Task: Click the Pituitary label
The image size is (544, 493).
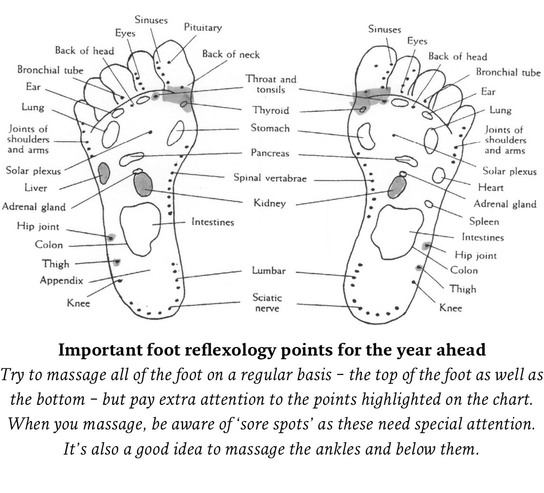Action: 203,27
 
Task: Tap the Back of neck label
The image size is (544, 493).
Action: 231,54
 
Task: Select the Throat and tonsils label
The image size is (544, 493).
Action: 271,84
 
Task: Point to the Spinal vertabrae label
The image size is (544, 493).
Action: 270,178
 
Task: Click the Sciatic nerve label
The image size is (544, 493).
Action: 267,303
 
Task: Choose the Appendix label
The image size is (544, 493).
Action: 61,280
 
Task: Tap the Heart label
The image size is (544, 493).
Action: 491,188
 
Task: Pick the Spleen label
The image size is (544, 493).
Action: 484,221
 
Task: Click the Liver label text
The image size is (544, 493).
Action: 36,188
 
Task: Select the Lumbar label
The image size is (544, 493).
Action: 269,271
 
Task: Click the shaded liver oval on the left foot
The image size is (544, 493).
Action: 104,173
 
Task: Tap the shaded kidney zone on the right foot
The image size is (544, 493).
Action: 397,187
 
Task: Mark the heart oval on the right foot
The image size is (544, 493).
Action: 439,175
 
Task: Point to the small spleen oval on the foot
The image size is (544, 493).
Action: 429,204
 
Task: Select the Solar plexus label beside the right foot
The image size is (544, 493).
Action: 509,171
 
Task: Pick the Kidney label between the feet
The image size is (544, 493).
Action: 270,203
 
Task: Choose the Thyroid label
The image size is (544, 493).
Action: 270,110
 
